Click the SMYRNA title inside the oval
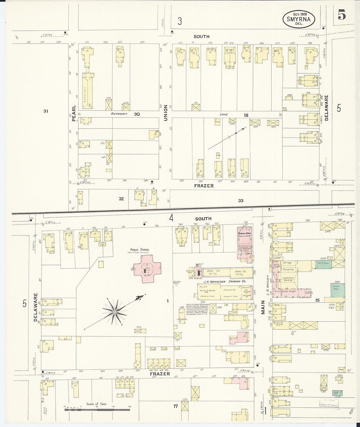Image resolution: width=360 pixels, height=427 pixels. click(298, 19)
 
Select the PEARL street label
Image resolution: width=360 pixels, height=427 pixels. click(74, 113)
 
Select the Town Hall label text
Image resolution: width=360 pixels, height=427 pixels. click(244, 230)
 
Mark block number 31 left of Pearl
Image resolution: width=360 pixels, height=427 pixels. click(46, 111)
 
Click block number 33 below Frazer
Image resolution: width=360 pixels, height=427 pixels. click(241, 201)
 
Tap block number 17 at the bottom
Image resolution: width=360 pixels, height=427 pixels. click(175, 406)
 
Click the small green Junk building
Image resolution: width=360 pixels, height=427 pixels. click(338, 393)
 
